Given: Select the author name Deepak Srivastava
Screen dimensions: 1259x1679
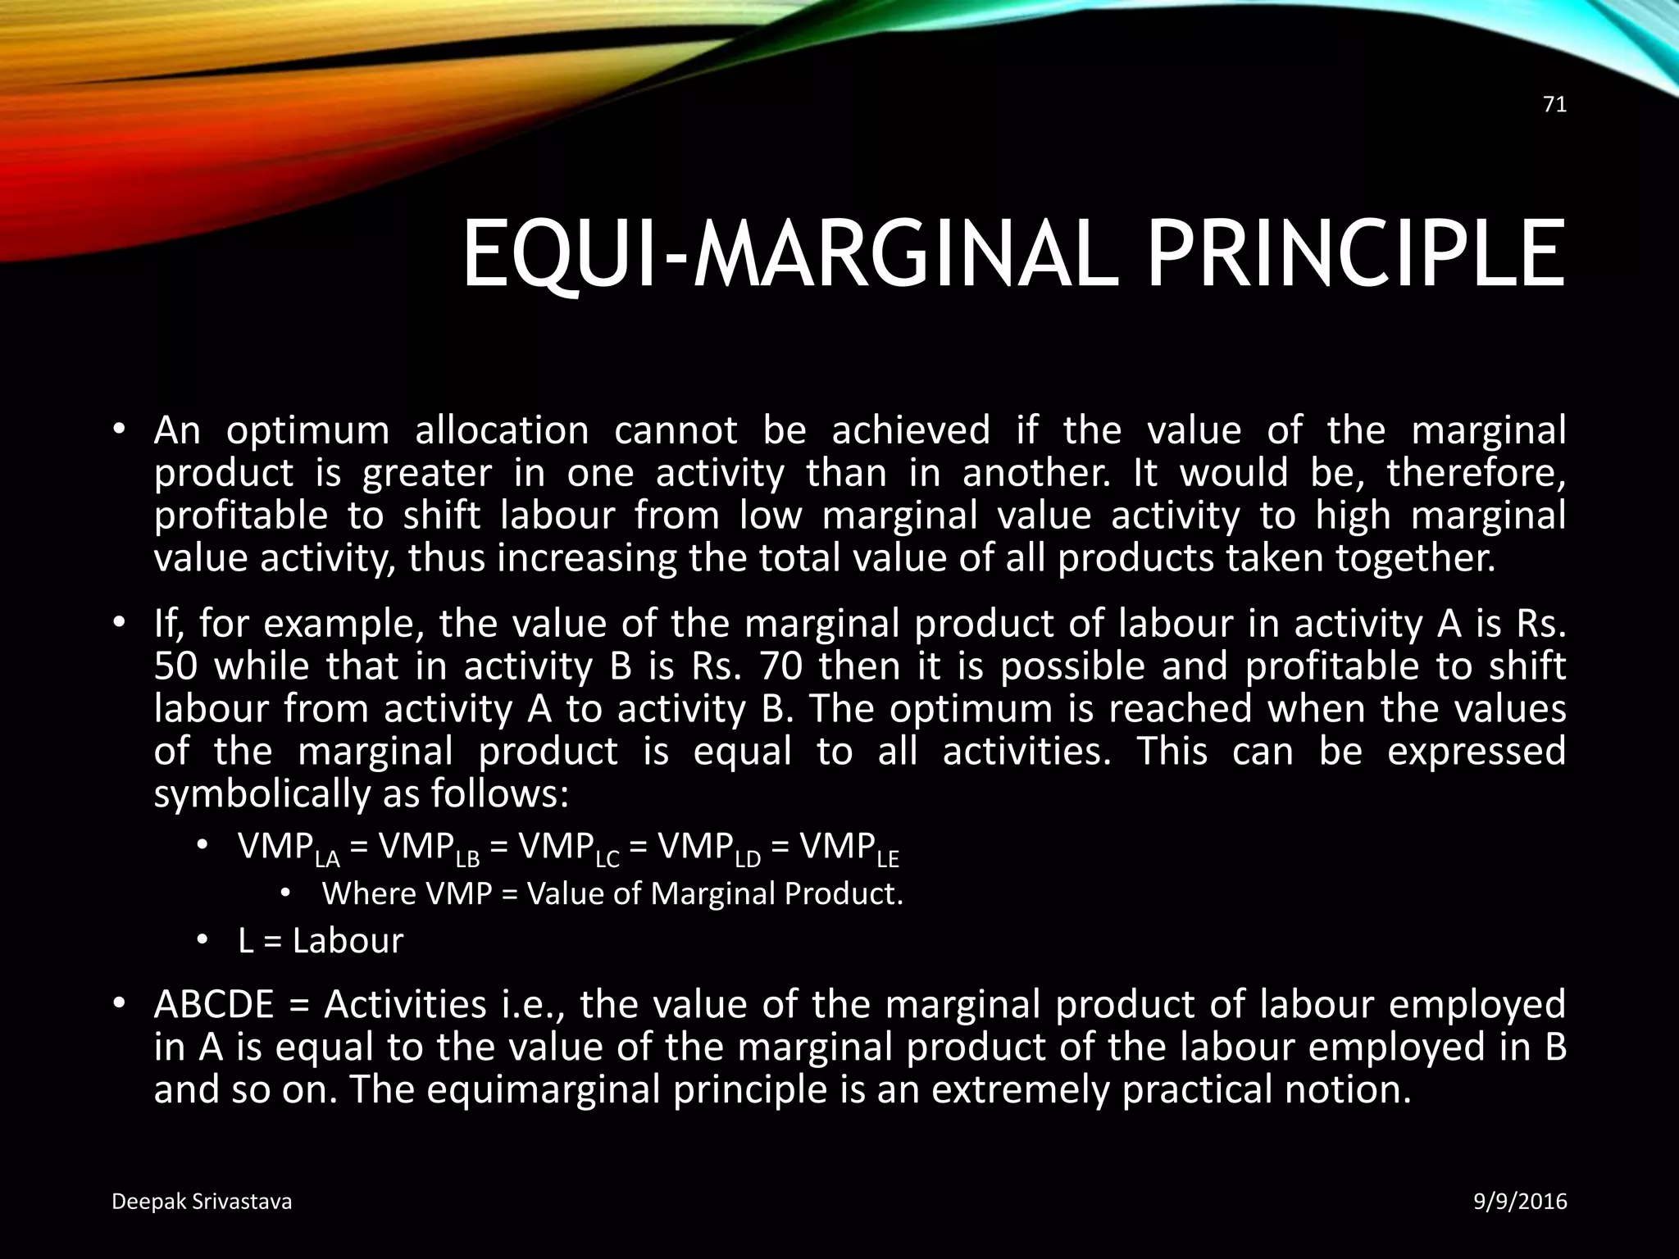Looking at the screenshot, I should pyautogui.click(x=201, y=1202).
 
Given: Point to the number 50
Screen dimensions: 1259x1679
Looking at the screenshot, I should pyautogui.click(x=175, y=666).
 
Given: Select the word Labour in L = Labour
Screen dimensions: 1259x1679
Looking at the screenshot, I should pyautogui.click(x=348, y=941).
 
